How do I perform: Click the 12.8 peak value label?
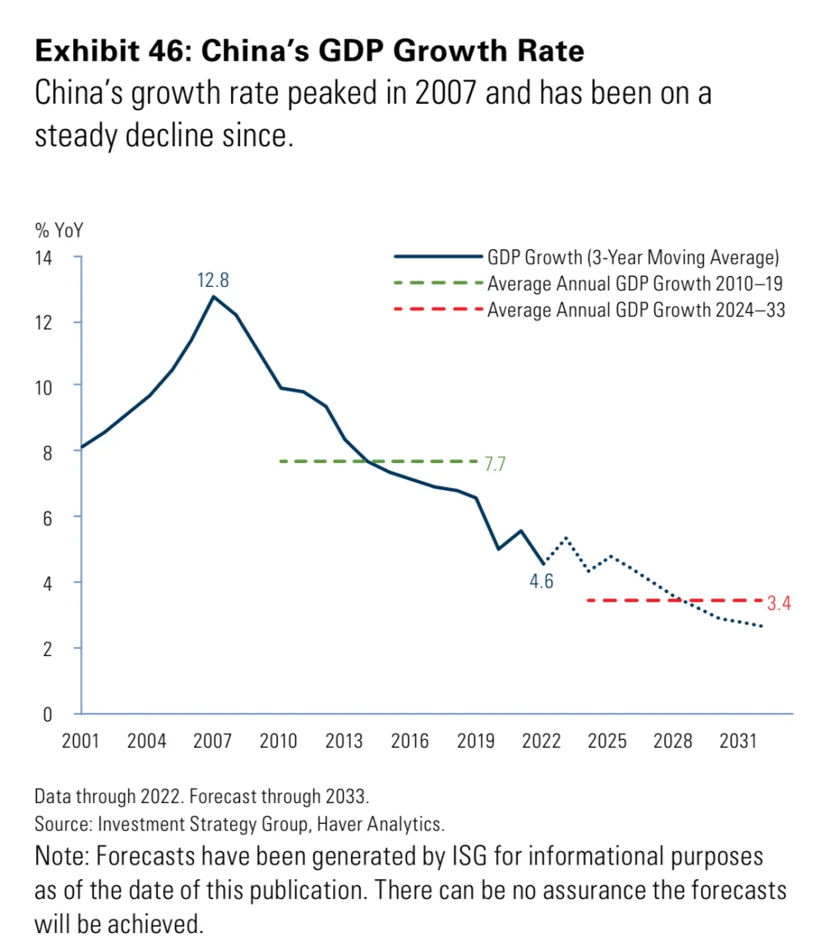click(x=213, y=280)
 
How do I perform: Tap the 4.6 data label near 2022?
click(x=541, y=581)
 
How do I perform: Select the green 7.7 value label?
click(x=495, y=464)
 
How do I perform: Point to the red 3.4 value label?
click(x=779, y=603)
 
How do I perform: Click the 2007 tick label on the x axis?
click(x=212, y=741)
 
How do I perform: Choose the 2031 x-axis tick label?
click(x=739, y=741)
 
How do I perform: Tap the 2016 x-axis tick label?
click(x=409, y=741)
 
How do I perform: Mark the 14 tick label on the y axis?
click(x=43, y=258)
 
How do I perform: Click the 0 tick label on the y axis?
click(x=48, y=715)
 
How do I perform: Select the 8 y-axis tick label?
click(x=48, y=453)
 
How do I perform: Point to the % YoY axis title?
click(x=59, y=231)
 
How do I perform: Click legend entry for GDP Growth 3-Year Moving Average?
click(x=632, y=258)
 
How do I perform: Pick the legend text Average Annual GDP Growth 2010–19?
click(x=635, y=284)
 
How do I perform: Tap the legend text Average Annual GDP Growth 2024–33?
click(x=636, y=310)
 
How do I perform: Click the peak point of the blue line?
click(x=213, y=296)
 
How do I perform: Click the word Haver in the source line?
click(x=340, y=825)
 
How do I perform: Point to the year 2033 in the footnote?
click(x=348, y=795)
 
